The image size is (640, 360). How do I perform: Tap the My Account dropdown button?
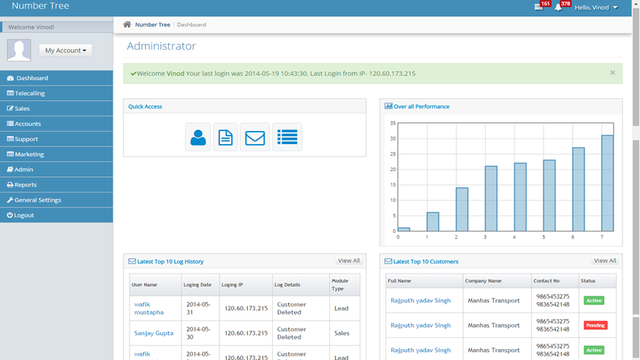[65, 50]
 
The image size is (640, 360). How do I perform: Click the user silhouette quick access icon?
[198, 137]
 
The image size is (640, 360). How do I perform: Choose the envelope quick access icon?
[255, 137]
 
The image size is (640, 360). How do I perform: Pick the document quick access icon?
[225, 137]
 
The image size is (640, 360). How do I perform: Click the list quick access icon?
[287, 137]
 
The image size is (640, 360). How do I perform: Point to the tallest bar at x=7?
[607, 183]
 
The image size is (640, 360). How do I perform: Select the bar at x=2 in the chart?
[462, 209]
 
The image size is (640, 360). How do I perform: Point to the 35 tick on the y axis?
[393, 123]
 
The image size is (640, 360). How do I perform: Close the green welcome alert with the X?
[613, 72]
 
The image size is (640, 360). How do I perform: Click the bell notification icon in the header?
[558, 7]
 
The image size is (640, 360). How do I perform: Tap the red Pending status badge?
[595, 326]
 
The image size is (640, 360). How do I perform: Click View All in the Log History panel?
[349, 260]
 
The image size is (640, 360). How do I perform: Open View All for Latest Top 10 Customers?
[605, 260]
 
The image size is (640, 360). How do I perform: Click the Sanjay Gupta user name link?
[154, 333]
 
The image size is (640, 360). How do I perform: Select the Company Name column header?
[483, 281]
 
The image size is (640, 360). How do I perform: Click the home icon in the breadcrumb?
[127, 24]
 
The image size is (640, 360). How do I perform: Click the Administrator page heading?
[161, 45]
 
